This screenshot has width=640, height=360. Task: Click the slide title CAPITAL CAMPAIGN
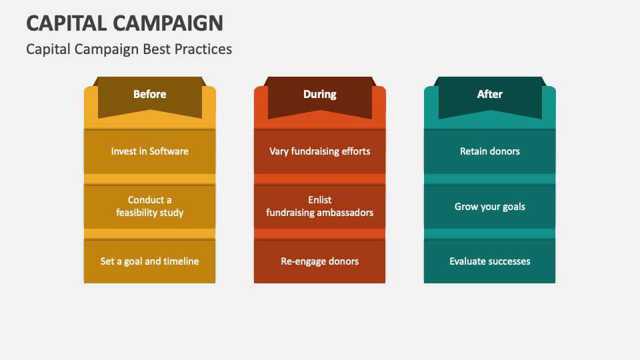click(125, 23)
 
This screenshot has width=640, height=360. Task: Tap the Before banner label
click(149, 94)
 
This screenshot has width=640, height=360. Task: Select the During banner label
click(319, 94)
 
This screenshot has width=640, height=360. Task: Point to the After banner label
click(489, 94)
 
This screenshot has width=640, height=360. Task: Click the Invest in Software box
click(149, 151)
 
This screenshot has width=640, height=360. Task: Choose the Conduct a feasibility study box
click(149, 206)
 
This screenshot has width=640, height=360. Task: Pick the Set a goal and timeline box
click(149, 261)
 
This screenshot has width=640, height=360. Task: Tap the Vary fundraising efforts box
click(319, 151)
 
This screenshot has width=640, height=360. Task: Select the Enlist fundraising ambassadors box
click(319, 206)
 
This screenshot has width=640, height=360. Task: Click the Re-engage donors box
click(319, 261)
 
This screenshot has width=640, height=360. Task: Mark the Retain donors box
click(489, 151)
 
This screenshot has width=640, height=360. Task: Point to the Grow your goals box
click(489, 207)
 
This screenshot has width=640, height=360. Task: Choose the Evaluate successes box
click(489, 261)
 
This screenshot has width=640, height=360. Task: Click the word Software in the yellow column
click(169, 151)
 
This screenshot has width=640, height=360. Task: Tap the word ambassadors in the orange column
click(345, 213)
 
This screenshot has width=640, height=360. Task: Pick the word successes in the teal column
click(508, 261)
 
